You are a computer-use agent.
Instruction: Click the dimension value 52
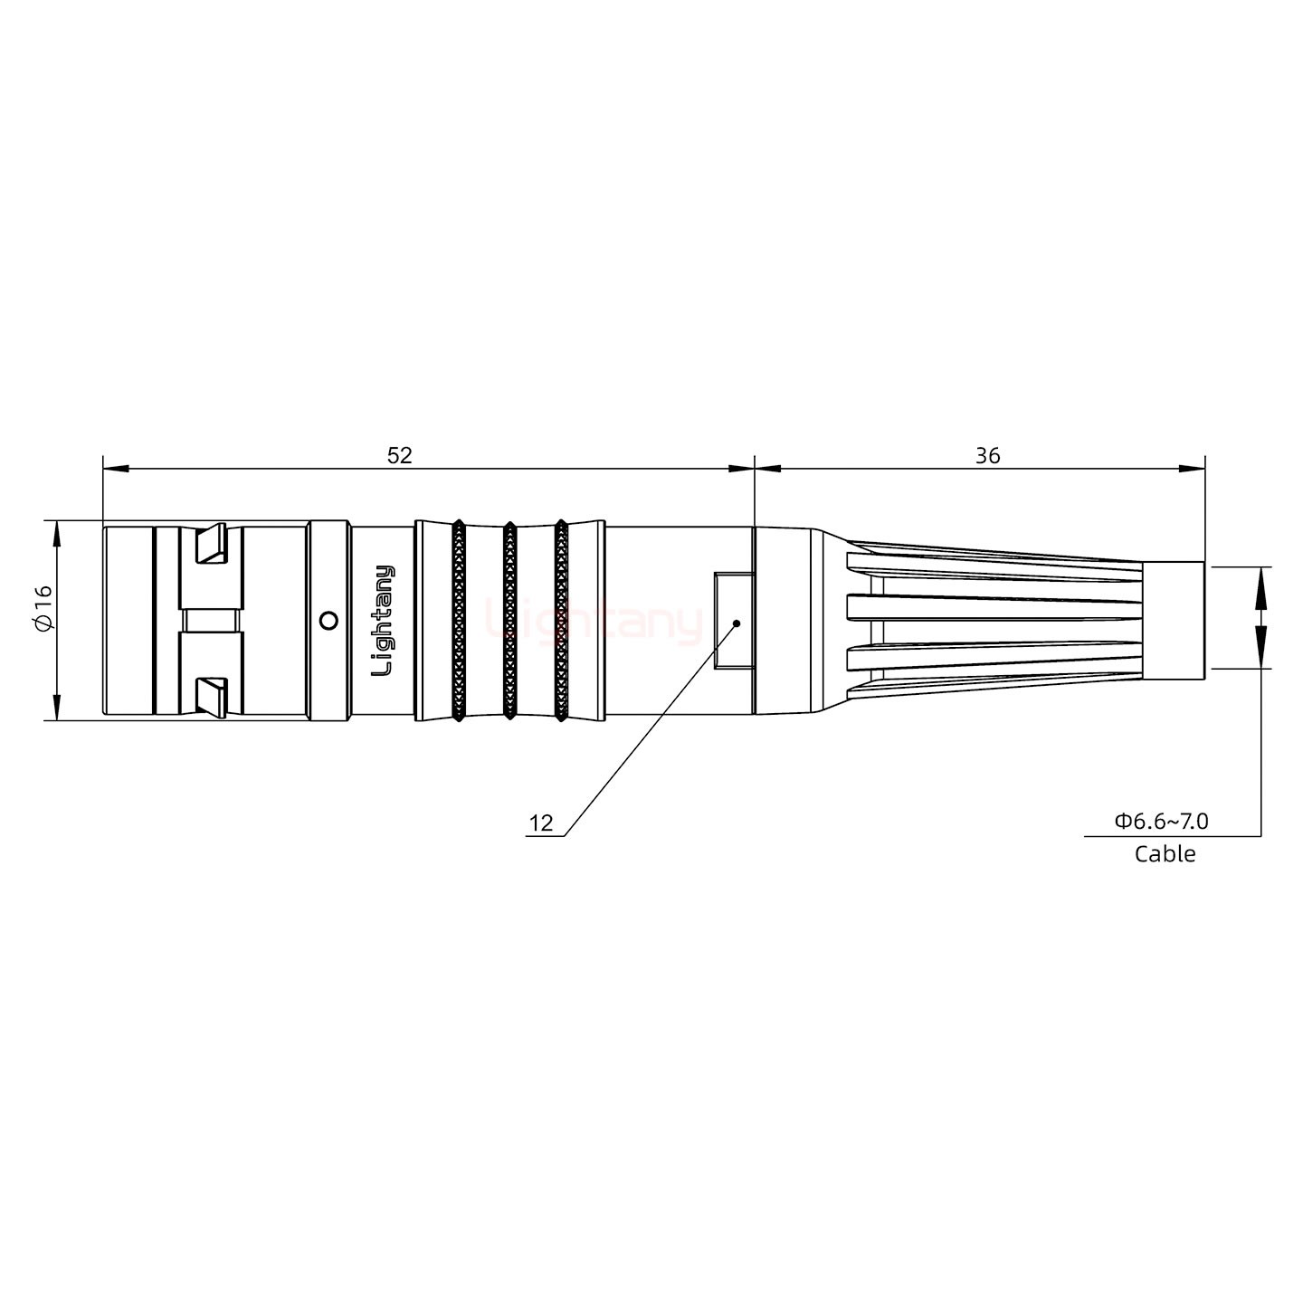point(399,456)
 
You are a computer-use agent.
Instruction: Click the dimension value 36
point(987,456)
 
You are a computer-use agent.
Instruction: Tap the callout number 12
point(540,823)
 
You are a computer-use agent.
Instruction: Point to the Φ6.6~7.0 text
point(1161,822)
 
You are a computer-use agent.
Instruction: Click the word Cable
point(1165,854)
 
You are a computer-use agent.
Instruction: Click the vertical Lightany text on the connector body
point(384,621)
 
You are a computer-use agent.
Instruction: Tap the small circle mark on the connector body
point(329,621)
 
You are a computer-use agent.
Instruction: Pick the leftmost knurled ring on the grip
point(459,621)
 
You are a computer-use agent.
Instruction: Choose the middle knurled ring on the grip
point(509,621)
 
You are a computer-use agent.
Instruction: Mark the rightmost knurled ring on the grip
point(561,621)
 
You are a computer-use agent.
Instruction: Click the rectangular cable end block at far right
point(1173,621)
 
